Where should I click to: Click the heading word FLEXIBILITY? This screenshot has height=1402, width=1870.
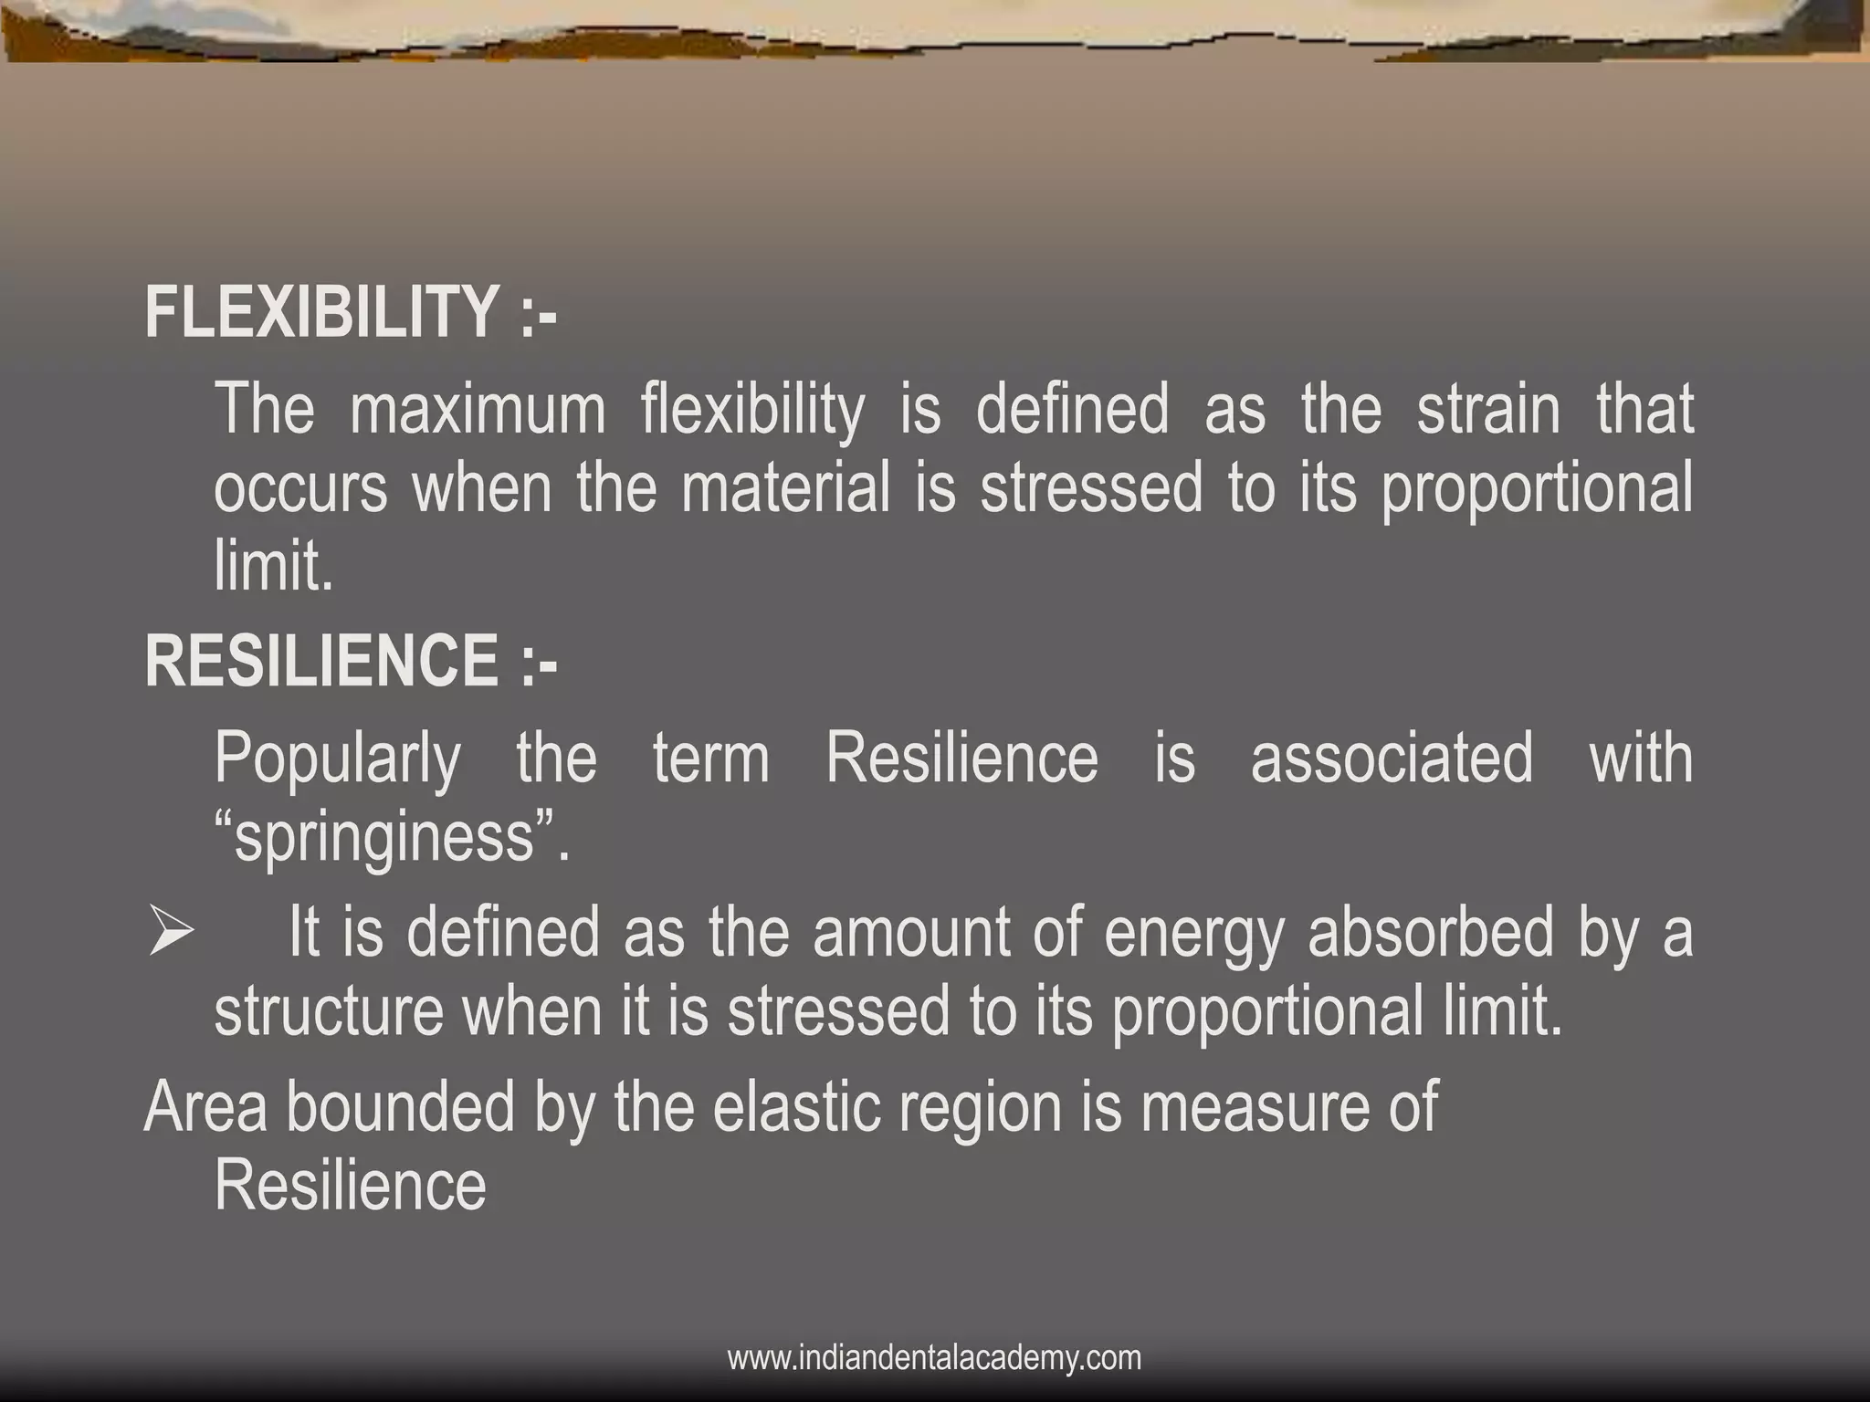[321, 312]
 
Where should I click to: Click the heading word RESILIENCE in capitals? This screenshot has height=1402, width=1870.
[321, 661]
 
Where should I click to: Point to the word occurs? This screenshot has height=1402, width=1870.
[300, 488]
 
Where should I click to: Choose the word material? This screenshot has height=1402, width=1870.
[785, 488]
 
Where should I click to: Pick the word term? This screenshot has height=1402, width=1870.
[711, 759]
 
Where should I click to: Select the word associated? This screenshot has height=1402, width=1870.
[1392, 759]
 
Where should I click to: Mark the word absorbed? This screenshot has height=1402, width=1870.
[1431, 934]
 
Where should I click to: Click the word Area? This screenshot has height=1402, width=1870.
[205, 1107]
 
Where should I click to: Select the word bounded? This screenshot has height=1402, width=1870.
[401, 1107]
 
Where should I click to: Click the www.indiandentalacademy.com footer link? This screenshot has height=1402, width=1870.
[934, 1358]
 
